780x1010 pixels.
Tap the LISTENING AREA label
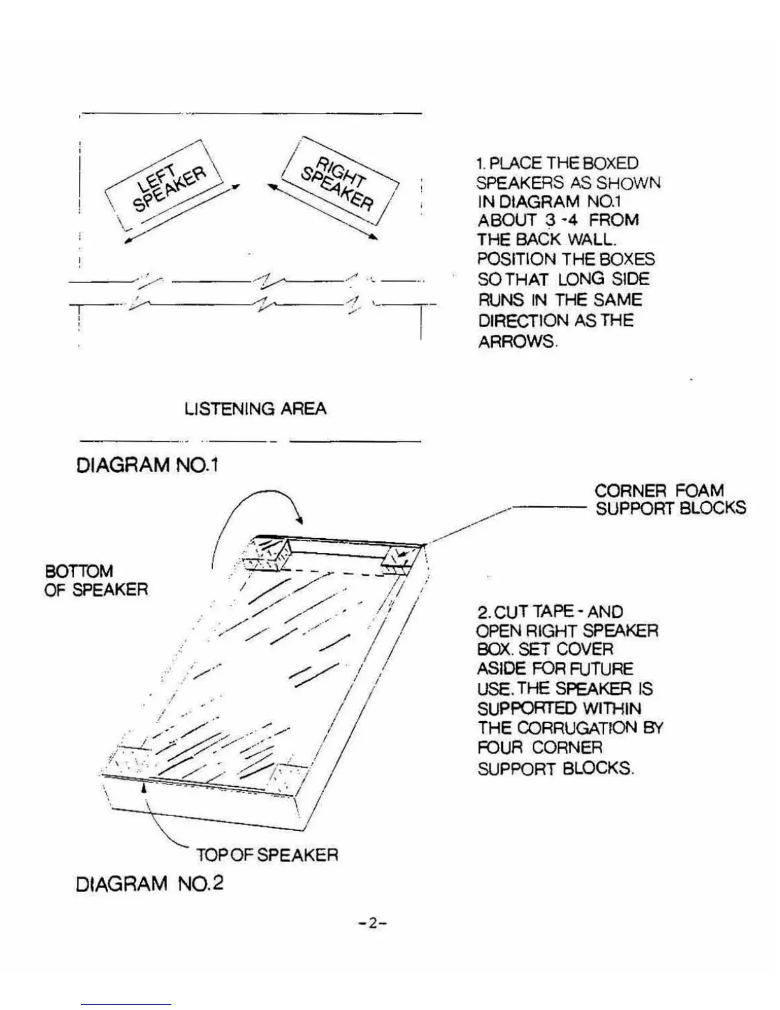pyautogui.click(x=255, y=409)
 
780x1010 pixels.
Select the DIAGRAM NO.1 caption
pyautogui.click(x=147, y=465)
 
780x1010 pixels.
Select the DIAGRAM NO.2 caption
pyautogui.click(x=150, y=884)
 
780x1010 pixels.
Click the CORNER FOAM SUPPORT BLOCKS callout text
pyautogui.click(x=669, y=499)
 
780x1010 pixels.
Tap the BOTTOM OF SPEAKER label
pyautogui.click(x=96, y=580)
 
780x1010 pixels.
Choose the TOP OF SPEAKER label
pyautogui.click(x=267, y=854)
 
